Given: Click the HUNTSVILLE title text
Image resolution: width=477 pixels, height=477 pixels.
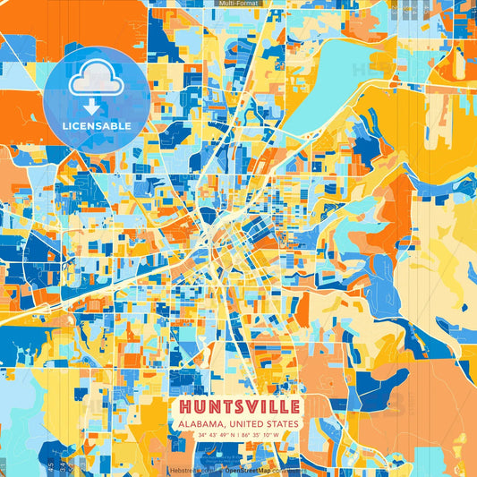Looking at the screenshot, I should point(238,406).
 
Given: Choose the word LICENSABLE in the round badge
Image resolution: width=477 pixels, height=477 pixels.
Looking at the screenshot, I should point(96,126).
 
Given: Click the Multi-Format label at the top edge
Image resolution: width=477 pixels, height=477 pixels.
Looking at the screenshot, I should point(237,4).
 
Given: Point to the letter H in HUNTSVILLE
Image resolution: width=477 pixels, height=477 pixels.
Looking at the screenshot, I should point(184,406).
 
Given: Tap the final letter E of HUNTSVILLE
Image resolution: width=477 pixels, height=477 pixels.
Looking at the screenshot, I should point(294,406).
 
